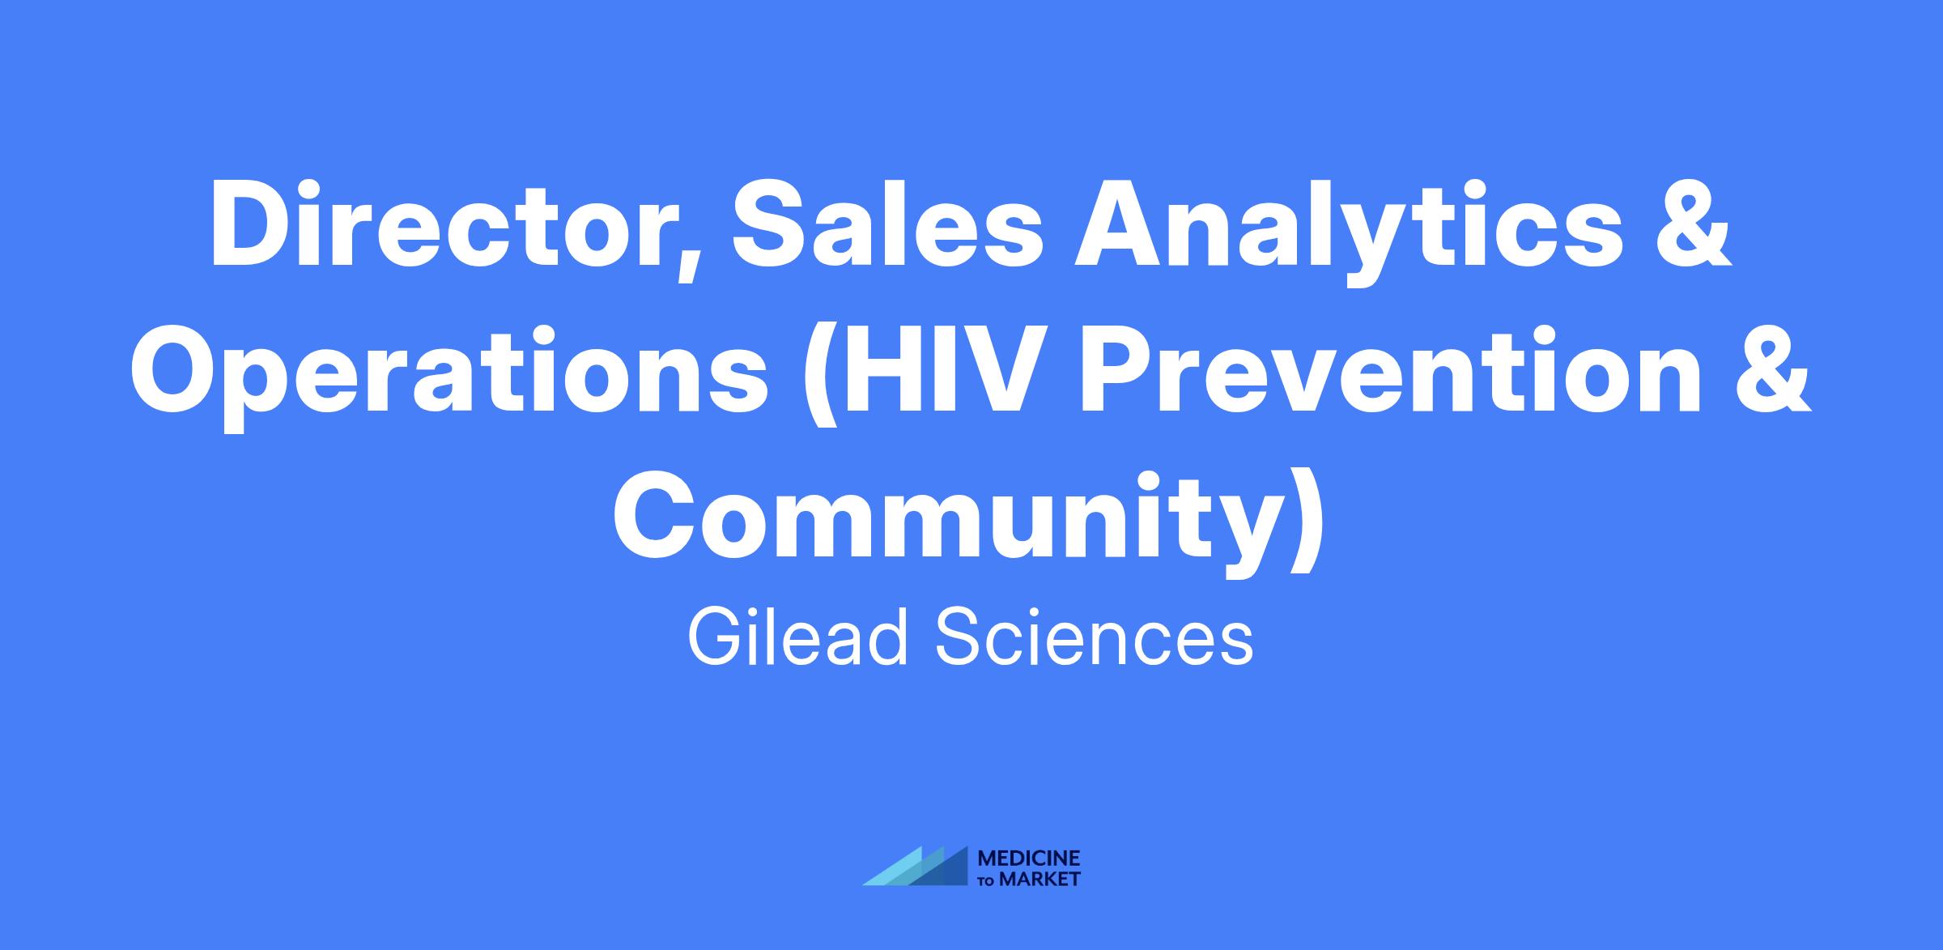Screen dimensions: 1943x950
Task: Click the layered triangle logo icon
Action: pos(916,866)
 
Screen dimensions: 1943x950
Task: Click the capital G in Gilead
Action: pos(716,637)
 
